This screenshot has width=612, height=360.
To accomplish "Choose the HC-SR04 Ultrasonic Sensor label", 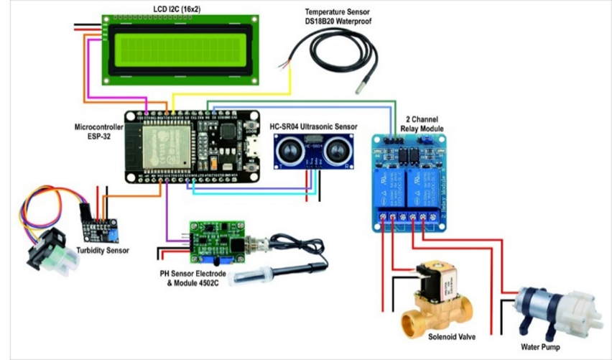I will click(x=313, y=127).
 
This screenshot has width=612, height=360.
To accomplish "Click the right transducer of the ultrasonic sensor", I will click(x=335, y=150).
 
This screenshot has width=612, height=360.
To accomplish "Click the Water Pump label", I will click(x=544, y=347).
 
